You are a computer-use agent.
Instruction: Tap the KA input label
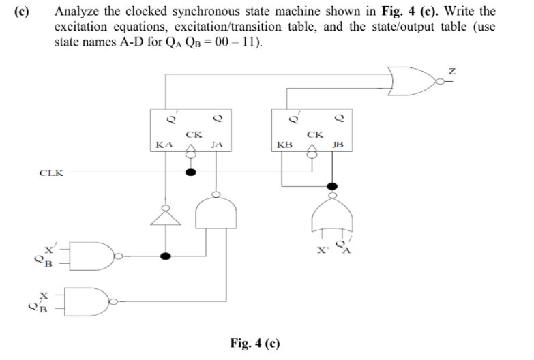tap(164, 145)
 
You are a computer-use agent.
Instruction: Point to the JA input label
tap(216, 145)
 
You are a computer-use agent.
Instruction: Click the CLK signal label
tap(51, 172)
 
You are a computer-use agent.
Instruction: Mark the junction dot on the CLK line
tap(192, 172)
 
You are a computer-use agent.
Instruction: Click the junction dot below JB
tap(332, 185)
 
